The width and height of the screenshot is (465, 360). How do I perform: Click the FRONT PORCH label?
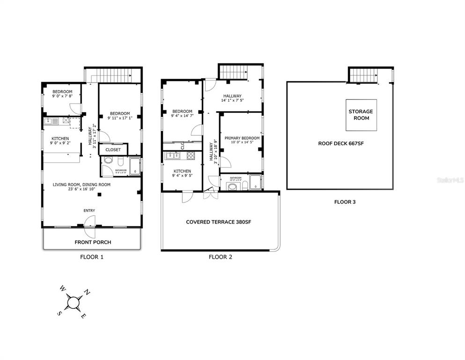pos(93,242)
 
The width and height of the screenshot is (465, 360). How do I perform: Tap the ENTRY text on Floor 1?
pos(89,211)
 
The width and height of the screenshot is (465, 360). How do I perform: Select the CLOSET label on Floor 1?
pos(113,150)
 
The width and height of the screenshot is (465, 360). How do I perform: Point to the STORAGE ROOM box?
pos(361,115)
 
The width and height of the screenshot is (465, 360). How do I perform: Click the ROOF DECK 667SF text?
pos(341,144)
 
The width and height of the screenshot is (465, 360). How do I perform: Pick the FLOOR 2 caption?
pos(220,257)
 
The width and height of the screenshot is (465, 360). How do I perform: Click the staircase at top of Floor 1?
pos(112,75)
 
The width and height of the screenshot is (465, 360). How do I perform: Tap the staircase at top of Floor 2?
pos(233,72)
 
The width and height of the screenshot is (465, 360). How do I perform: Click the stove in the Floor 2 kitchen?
pos(191,156)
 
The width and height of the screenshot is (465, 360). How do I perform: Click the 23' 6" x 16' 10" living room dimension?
pos(81,189)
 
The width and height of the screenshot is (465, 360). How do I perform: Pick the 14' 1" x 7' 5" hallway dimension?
pos(232,100)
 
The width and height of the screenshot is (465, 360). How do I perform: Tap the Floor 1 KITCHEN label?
pos(60,139)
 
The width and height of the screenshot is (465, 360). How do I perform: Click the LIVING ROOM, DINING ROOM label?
pos(81,185)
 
